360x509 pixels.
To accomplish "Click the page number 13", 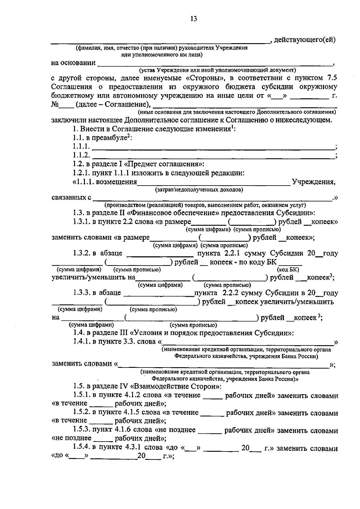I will point(193,19).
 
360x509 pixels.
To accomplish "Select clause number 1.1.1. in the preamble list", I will point(81,147).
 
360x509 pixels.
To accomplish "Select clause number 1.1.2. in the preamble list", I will point(81,155).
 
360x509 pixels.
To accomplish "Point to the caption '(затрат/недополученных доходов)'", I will point(199,190).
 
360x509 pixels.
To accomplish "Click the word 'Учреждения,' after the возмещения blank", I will point(314,182).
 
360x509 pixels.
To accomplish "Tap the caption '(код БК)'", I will point(289,269).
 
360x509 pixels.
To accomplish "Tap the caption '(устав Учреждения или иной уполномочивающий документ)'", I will point(217,70).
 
